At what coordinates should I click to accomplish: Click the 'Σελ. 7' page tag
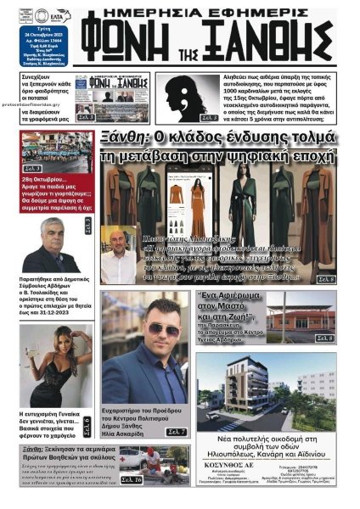176,432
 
